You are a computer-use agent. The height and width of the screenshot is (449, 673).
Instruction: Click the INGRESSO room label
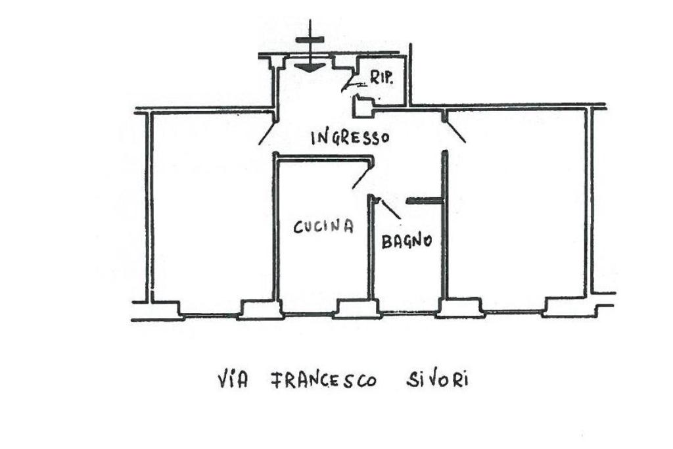[x=350, y=137]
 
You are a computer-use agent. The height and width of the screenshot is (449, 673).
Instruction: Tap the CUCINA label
[x=323, y=227]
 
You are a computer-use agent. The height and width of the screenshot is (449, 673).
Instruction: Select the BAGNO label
[x=406, y=241]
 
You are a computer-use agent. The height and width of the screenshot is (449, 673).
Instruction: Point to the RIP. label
[x=381, y=78]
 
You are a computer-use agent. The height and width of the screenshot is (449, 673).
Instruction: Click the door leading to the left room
[x=267, y=131]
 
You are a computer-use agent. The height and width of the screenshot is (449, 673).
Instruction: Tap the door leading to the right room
[x=455, y=130]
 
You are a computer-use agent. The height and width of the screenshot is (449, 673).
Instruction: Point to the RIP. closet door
[x=350, y=83]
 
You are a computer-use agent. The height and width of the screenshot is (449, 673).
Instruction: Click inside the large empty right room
[x=516, y=204]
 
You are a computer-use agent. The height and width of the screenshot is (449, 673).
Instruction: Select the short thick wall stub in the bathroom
[x=425, y=201]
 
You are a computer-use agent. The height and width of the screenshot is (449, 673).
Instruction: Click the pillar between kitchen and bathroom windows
[x=356, y=308]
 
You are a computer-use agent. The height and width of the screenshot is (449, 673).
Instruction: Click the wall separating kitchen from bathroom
[x=370, y=256]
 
